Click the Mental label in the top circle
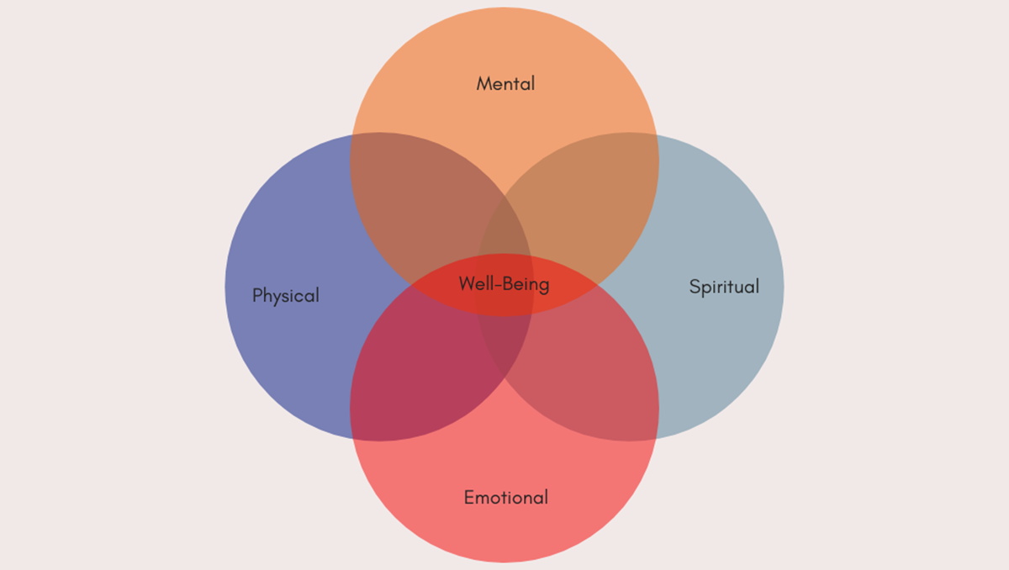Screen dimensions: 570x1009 pyautogui.click(x=505, y=83)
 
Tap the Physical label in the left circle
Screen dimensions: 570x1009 pyautogui.click(x=286, y=296)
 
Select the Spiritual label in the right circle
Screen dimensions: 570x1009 pyautogui.click(x=724, y=287)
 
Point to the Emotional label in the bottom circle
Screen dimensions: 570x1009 pyautogui.click(x=506, y=497)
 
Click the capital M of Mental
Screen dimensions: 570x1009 pyautogui.click(x=483, y=83)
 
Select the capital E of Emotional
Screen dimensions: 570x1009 pyautogui.click(x=469, y=497)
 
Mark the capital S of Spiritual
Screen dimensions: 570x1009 pyautogui.click(x=695, y=287)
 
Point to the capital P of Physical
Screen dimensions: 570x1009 pyautogui.click(x=257, y=295)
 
